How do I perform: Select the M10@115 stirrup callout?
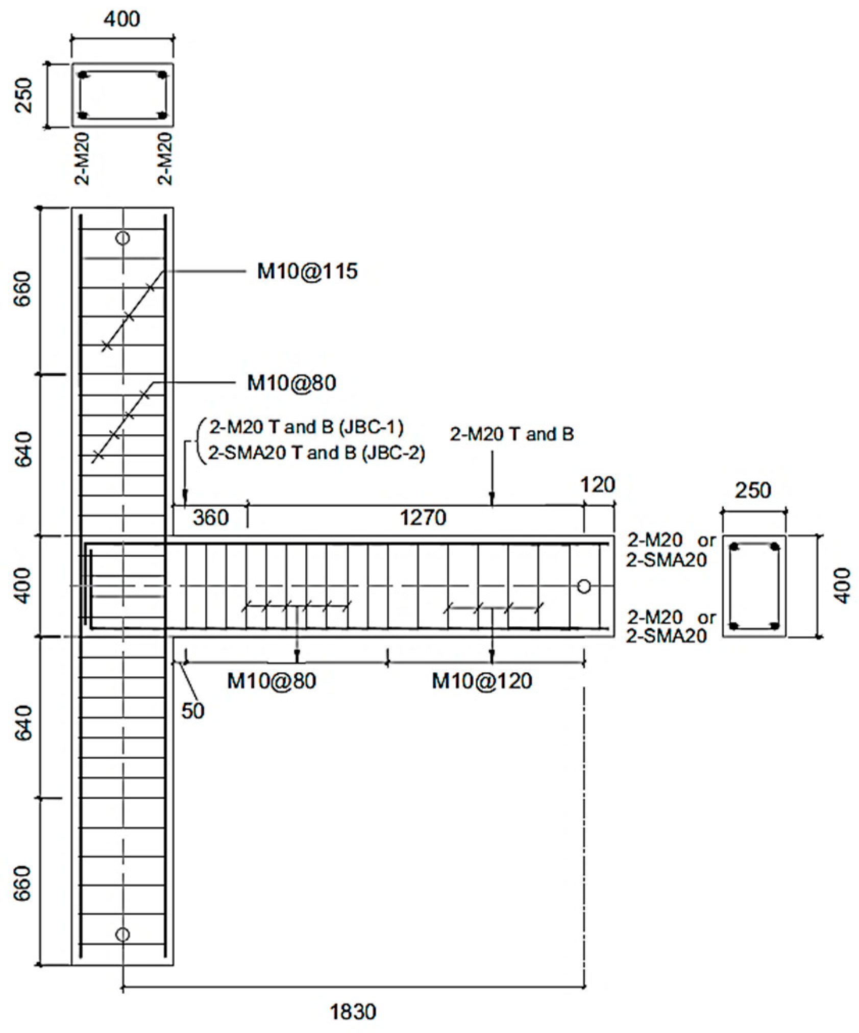(x=307, y=272)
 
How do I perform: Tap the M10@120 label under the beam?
(x=482, y=680)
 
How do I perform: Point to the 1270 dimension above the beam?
(x=423, y=518)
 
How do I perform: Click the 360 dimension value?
(x=211, y=518)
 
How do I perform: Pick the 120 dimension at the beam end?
(x=598, y=485)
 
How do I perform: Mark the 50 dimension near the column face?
(x=193, y=710)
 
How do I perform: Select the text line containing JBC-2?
(x=316, y=453)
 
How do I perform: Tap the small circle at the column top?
(x=122, y=238)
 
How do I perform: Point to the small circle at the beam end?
(x=584, y=586)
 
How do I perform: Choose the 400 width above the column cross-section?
(x=121, y=19)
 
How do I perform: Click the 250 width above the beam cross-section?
(x=753, y=491)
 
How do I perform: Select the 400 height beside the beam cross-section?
(x=843, y=586)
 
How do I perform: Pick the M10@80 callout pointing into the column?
(x=292, y=383)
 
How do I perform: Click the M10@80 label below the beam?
(x=272, y=680)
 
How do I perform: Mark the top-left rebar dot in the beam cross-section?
(x=734, y=547)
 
